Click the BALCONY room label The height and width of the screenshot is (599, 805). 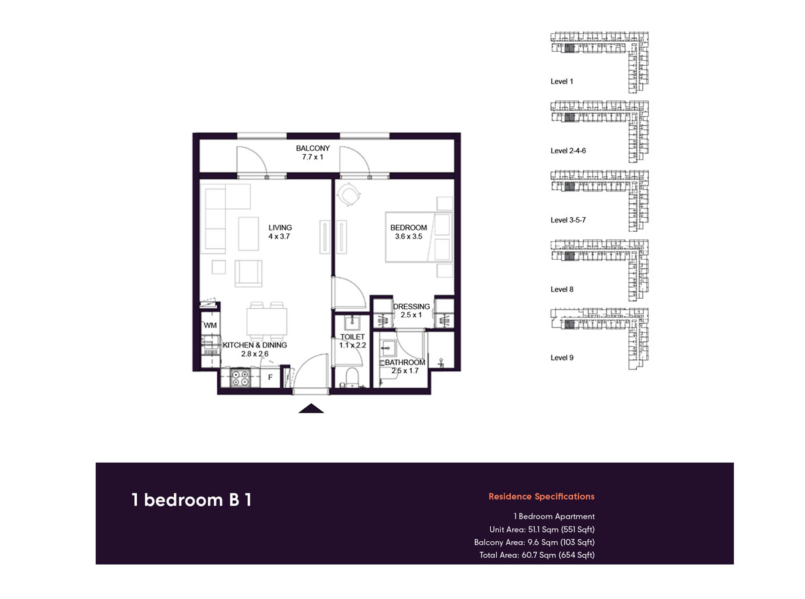(313, 149)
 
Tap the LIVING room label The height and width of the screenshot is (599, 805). (280, 228)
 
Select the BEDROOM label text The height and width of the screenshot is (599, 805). (408, 228)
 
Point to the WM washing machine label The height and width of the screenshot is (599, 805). (210, 325)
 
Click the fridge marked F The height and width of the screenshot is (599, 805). (270, 378)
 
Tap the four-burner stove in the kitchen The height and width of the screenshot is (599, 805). (239, 378)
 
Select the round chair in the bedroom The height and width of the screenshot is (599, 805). (349, 194)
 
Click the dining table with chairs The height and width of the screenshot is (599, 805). (266, 320)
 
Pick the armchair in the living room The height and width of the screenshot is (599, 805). (249, 272)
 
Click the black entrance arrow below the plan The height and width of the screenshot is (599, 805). (311, 408)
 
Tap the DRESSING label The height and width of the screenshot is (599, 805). (412, 307)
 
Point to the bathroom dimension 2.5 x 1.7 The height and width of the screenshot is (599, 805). (405, 371)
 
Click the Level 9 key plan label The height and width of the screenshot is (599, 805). (562, 358)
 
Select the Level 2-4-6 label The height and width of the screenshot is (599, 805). (569, 151)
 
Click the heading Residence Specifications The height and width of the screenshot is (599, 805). (541, 496)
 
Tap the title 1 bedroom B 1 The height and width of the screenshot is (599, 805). (191, 500)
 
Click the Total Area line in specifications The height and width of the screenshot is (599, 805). (537, 555)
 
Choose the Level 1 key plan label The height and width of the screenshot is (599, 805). (562, 81)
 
